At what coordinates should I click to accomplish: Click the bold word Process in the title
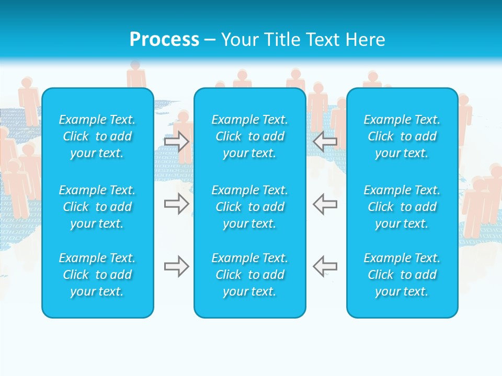[164, 40]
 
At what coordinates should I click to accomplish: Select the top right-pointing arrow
[177, 142]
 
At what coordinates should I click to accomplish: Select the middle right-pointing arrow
[177, 204]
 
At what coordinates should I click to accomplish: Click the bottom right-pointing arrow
[177, 266]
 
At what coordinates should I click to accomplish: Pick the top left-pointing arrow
[325, 142]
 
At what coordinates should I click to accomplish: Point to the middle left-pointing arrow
[325, 204]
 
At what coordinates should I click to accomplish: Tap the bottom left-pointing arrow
[325, 266]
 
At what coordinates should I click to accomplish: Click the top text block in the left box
[97, 136]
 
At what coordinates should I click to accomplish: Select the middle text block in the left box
[97, 207]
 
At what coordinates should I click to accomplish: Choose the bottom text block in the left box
[97, 275]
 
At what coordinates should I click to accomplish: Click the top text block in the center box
[250, 136]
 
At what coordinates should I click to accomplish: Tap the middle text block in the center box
[250, 207]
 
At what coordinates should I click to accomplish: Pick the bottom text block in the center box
[250, 275]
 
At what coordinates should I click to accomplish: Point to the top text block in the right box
[402, 136]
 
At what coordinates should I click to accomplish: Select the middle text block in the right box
[402, 207]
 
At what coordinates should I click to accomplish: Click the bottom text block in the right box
[402, 275]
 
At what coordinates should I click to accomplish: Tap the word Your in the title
[239, 40]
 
